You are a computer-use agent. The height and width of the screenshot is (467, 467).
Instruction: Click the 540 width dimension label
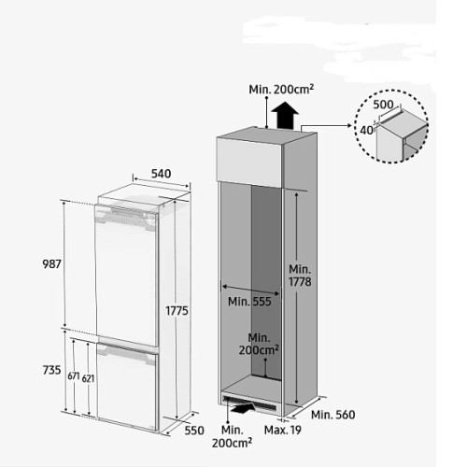(x=162, y=174)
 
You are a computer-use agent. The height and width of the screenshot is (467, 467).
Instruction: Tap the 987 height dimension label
(x=51, y=264)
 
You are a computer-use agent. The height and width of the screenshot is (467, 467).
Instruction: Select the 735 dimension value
(x=51, y=370)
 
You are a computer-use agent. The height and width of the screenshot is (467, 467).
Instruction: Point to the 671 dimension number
(x=74, y=376)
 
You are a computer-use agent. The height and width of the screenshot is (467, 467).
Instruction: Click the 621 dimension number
(x=88, y=378)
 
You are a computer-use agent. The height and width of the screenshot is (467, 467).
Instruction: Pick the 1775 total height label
(x=177, y=311)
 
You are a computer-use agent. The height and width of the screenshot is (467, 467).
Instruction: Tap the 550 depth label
(x=194, y=431)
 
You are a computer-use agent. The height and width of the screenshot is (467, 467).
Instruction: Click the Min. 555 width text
(x=249, y=302)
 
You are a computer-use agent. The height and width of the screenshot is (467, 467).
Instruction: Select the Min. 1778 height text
(x=300, y=276)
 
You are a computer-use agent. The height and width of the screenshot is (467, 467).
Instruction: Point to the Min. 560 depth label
(x=333, y=415)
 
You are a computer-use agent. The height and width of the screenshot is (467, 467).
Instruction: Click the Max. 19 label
(x=283, y=431)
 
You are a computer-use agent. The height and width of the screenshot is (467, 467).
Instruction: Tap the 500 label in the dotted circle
(x=383, y=105)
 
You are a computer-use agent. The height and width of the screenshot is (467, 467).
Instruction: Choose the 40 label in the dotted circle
(x=366, y=130)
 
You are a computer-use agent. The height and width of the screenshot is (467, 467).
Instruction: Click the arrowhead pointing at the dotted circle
(x=349, y=125)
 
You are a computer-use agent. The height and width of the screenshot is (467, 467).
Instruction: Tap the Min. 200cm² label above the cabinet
(x=281, y=90)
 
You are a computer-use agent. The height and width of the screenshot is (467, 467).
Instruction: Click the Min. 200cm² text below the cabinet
(x=233, y=436)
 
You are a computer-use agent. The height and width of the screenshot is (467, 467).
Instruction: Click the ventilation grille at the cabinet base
(x=250, y=403)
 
